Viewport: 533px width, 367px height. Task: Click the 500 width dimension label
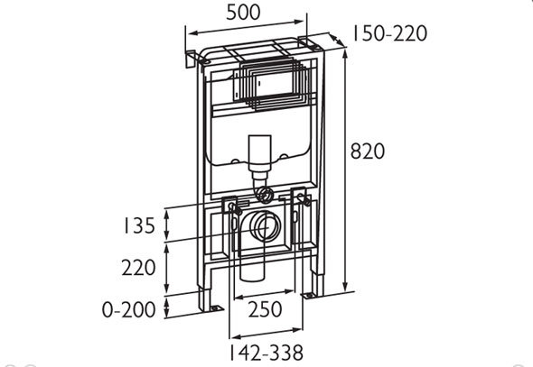[243, 13]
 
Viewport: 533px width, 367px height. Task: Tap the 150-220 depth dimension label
[388, 33]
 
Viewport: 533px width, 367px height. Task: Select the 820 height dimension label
[368, 151]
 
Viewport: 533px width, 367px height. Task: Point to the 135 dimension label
[139, 225]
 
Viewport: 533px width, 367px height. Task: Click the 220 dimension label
[139, 268]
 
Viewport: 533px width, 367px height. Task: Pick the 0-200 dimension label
[129, 309]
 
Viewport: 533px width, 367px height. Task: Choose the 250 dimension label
[265, 309]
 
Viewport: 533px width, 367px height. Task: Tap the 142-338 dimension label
[266, 353]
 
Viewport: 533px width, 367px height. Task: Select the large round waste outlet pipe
[264, 226]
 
